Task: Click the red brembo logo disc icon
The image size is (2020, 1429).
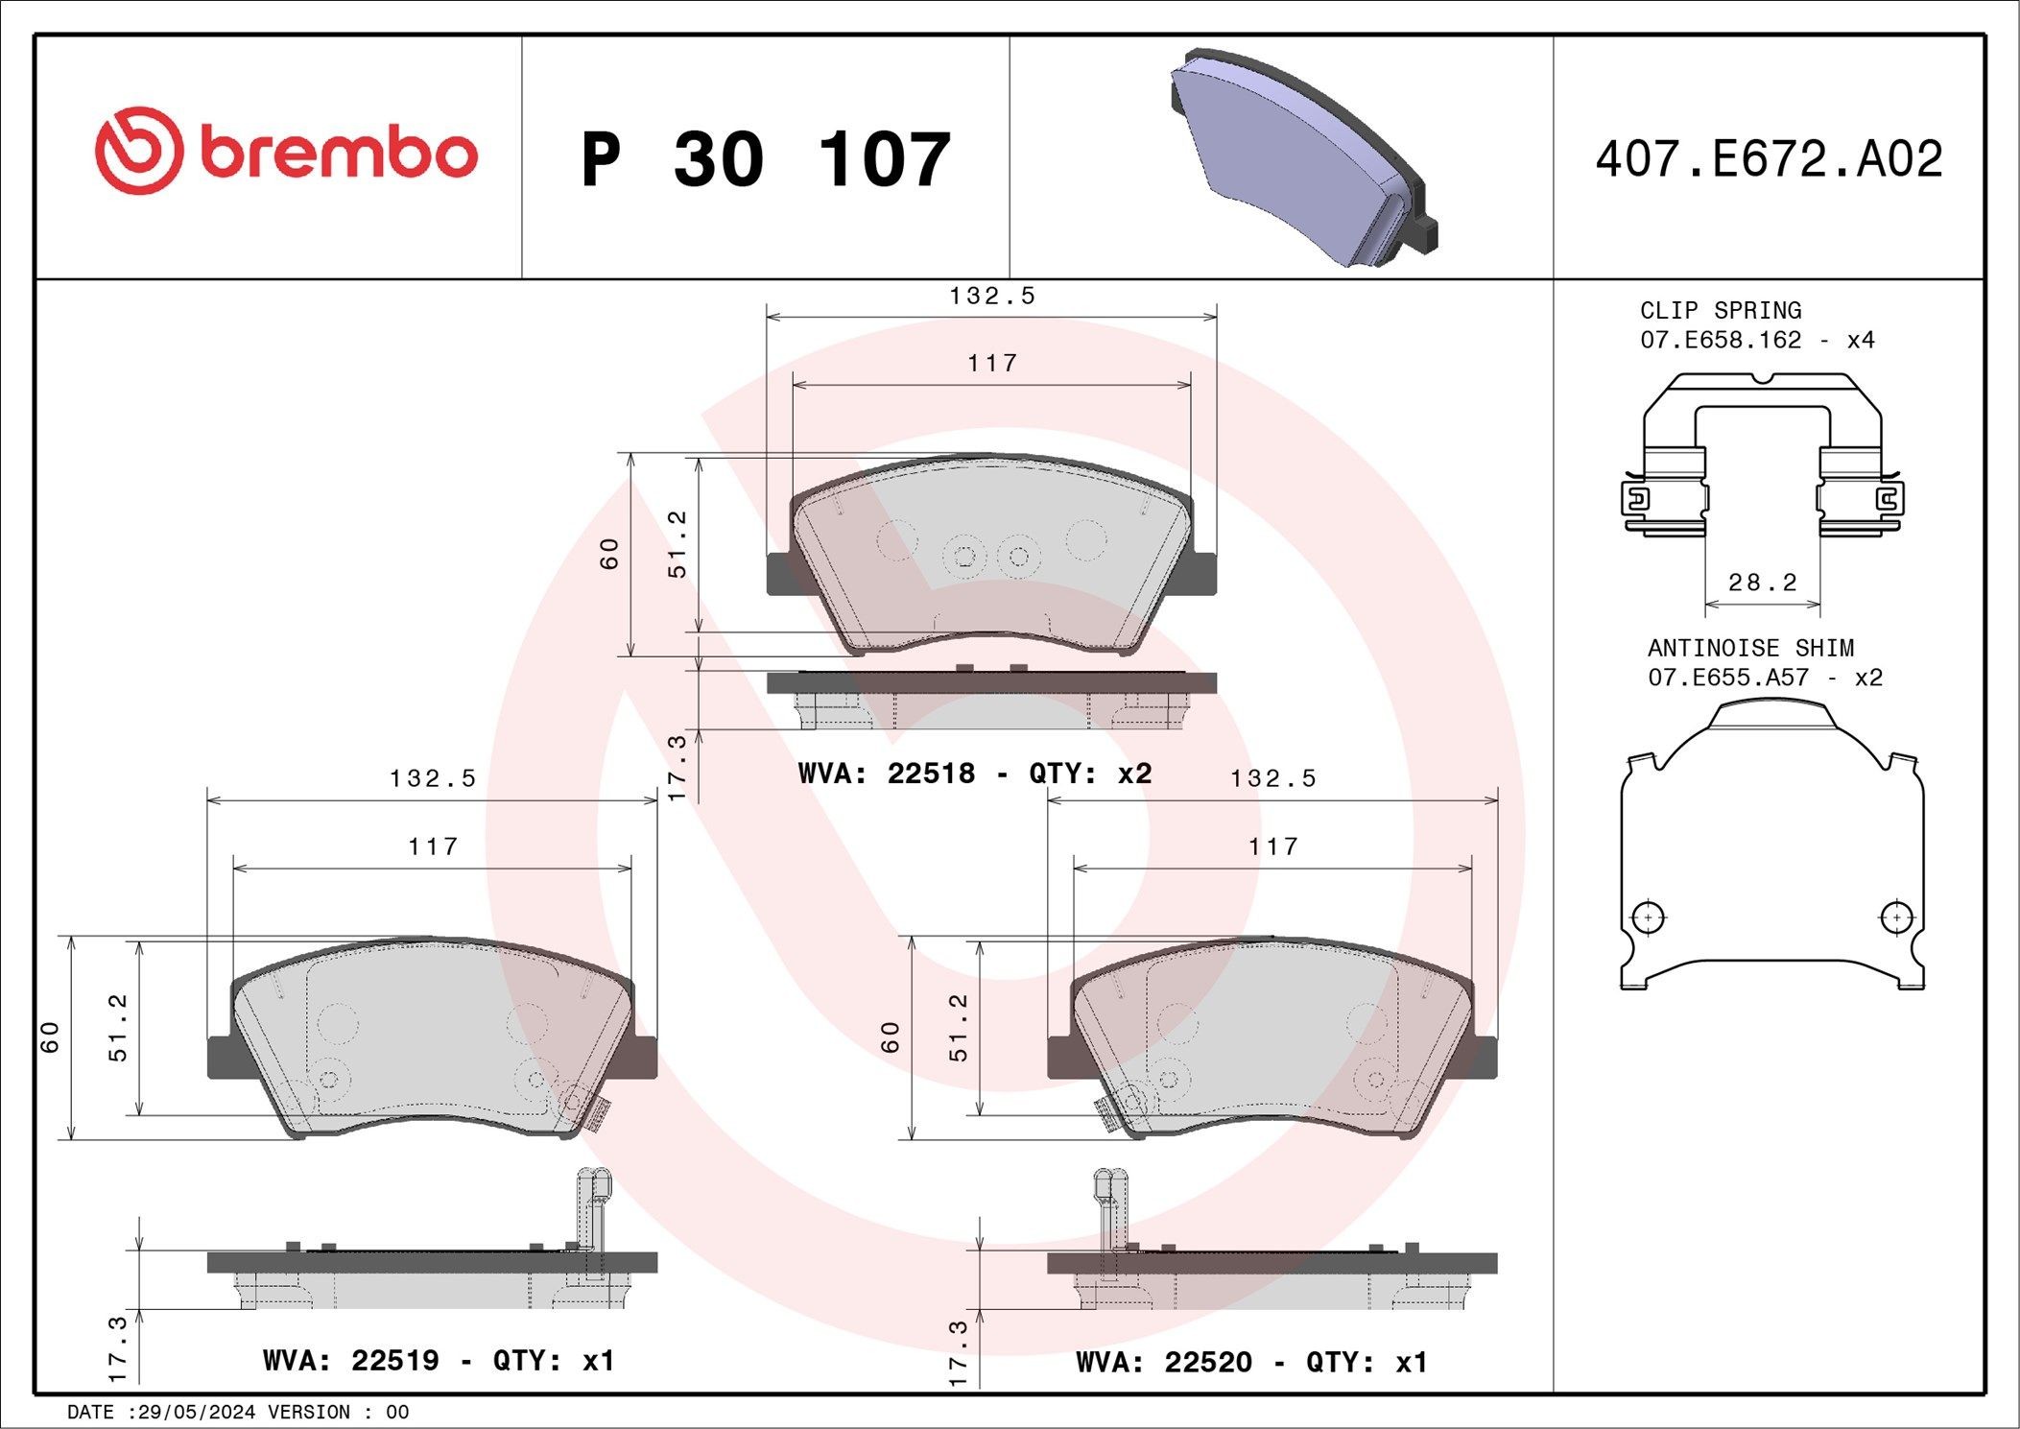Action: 138,152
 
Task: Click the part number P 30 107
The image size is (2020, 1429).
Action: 765,159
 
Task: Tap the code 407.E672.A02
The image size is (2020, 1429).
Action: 1769,159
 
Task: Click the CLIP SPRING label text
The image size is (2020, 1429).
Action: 1720,310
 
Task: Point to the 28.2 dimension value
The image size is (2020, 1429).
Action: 1762,582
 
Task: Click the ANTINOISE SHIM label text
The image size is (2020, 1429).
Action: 1750,648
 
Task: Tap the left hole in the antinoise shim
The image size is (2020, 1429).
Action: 1648,917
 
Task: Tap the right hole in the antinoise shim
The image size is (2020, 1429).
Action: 1896,917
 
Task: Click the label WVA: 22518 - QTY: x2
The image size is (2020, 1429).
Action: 974,774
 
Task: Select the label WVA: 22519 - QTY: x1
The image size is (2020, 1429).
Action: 438,1360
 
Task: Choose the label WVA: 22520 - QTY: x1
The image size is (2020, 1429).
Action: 1251,1362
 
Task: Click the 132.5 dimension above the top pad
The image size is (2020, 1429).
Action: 992,296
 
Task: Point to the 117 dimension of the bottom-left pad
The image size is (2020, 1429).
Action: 433,846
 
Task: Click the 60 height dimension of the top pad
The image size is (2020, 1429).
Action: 609,554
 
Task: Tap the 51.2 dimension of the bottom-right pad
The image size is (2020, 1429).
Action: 959,1027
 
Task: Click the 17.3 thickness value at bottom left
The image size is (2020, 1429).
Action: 118,1348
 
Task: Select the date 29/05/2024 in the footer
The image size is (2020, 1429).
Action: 197,1412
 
